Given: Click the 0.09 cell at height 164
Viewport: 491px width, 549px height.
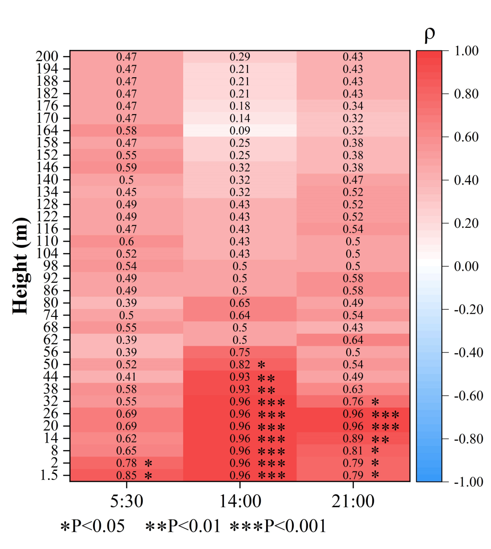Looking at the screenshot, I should (x=240, y=130).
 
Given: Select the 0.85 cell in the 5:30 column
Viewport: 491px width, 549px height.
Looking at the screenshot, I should (x=127, y=476).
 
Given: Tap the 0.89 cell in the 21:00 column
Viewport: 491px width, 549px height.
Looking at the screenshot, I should (x=353, y=438).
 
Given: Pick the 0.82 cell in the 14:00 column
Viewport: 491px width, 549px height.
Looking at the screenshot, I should (x=240, y=364).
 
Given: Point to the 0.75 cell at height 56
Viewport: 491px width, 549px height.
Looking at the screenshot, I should (x=240, y=351).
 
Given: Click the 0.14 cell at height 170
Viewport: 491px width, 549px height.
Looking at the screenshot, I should (x=240, y=118).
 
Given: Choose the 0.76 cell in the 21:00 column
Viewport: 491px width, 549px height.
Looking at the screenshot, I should (x=353, y=401).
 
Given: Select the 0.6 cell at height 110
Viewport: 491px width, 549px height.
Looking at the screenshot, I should (x=127, y=241).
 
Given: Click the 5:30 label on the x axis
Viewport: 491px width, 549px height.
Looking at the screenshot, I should (x=127, y=502).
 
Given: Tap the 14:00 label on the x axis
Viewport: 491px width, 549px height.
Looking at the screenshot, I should (x=240, y=502).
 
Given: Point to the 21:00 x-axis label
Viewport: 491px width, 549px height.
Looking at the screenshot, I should (x=353, y=502).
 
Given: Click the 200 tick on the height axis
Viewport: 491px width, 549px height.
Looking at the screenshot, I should (x=47, y=57).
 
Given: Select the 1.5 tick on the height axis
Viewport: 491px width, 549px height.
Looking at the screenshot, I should (x=49, y=476).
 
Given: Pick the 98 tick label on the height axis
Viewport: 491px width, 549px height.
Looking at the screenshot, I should (x=51, y=266).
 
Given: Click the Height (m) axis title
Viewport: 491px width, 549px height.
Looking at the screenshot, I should (x=21, y=266).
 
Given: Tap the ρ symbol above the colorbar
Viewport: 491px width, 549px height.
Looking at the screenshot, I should (x=430, y=35).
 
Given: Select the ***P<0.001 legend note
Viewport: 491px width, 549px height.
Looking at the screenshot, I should (x=278, y=526).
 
